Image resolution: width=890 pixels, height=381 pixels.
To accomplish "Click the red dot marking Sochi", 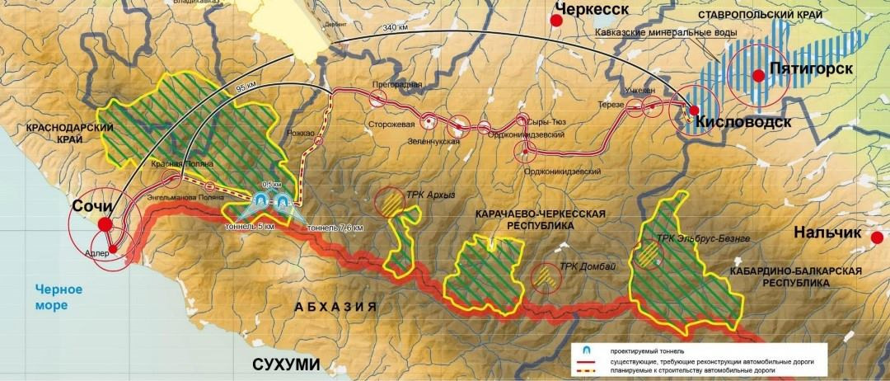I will pyautogui.click(x=105, y=223).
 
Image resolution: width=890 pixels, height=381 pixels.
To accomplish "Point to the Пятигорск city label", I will pyautogui.click(x=812, y=69).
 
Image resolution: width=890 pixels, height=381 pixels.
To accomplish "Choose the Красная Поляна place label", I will pyautogui.click(x=177, y=165).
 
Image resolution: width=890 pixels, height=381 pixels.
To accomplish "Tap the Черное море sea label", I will pyautogui.click(x=51, y=297).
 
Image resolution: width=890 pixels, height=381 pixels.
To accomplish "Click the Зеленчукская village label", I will pyautogui.click(x=432, y=141).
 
